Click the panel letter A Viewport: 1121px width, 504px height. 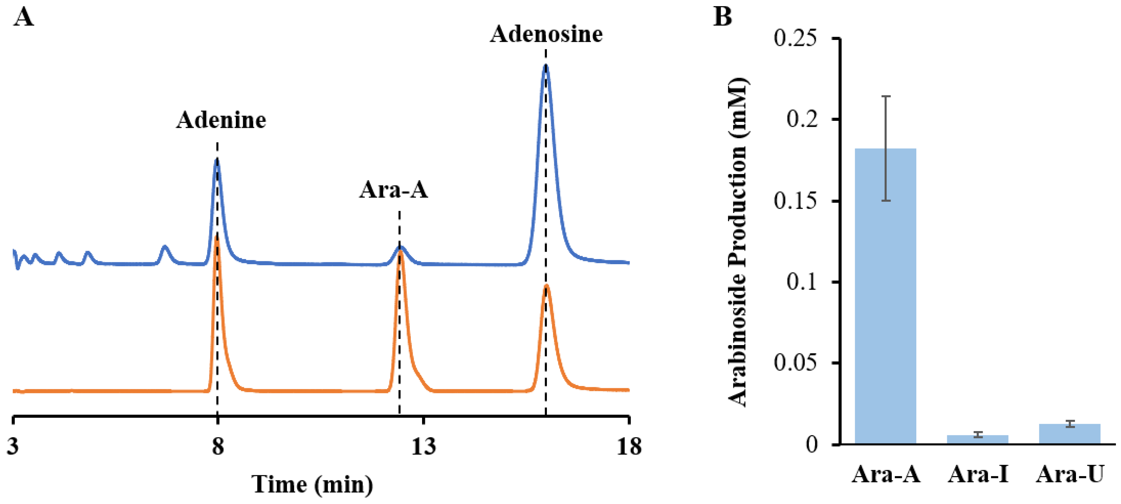coord(24,18)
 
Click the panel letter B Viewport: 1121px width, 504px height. coord(723,17)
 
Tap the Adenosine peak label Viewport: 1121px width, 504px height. coord(546,34)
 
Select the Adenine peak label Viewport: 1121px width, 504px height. coord(221,120)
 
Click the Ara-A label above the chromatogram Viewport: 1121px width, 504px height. coord(393,190)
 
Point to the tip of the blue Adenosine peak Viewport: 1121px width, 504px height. coord(546,66)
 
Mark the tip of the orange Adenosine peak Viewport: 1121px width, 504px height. coord(547,286)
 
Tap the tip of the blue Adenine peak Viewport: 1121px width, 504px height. coord(217,160)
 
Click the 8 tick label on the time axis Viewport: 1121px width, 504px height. coord(218,446)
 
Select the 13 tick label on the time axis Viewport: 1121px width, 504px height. coord(424,446)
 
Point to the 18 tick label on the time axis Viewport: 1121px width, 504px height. coord(629,446)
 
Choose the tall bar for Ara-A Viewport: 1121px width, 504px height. coord(885,296)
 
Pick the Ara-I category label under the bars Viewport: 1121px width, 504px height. coord(978,474)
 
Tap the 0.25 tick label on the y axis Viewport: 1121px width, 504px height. coord(795,38)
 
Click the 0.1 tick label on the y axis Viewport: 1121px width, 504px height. coord(802,282)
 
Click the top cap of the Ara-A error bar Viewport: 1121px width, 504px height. coord(885,96)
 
